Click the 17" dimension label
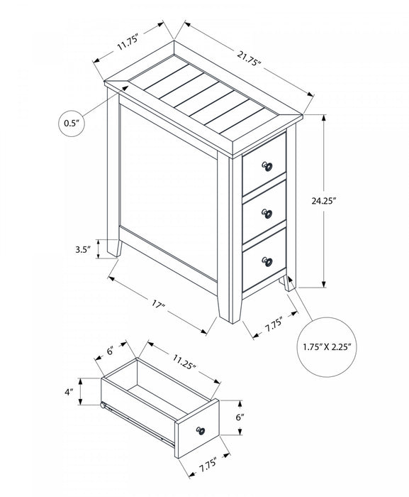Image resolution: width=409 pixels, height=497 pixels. (158, 305)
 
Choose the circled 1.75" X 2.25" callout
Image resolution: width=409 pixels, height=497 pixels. (325, 347)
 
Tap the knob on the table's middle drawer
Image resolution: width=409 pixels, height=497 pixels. (268, 213)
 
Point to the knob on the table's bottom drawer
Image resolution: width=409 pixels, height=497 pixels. (268, 261)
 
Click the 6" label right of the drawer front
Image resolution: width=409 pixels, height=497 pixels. (240, 419)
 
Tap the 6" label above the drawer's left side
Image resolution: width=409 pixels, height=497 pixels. (111, 350)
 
